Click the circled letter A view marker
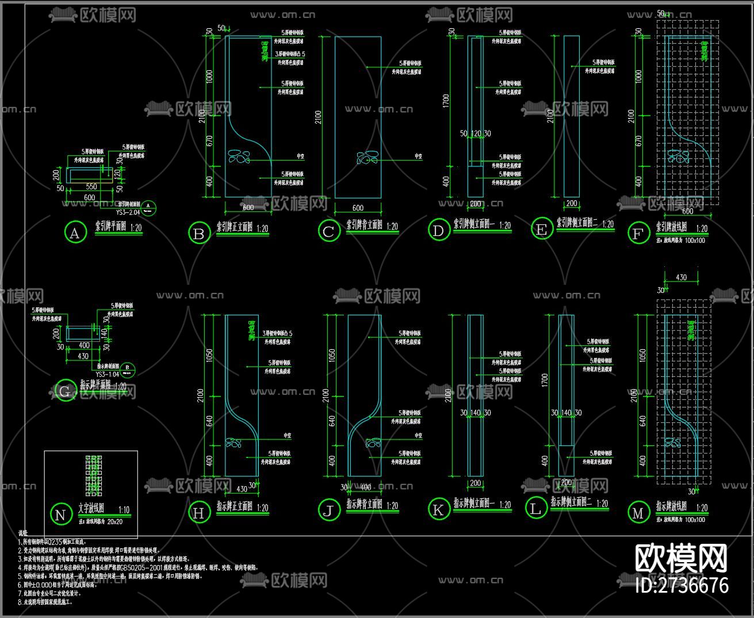click(x=74, y=233)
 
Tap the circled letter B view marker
click(x=199, y=234)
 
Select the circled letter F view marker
click(x=637, y=234)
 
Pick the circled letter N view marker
click(x=60, y=514)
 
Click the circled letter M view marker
click(x=638, y=513)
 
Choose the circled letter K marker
click(x=438, y=509)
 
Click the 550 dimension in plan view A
click(x=91, y=187)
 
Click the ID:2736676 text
click(x=682, y=586)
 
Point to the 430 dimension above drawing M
click(x=681, y=277)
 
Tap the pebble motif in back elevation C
click(x=368, y=158)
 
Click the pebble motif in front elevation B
click(x=239, y=157)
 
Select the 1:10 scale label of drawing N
click(x=124, y=510)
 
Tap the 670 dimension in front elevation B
click(x=209, y=141)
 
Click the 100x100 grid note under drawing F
click(x=695, y=240)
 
